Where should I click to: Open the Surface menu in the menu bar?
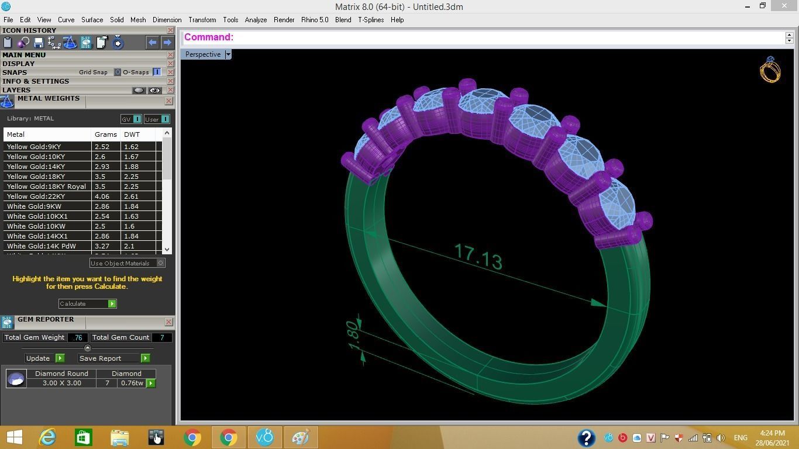92,20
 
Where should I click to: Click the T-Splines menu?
371,20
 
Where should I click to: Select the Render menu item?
284,20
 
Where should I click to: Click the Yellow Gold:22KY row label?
34,196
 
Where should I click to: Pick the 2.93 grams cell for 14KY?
102,167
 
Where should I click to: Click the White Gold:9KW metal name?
34,206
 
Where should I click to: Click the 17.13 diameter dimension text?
478,257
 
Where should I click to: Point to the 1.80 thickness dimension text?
353,335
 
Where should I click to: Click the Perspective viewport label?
203,54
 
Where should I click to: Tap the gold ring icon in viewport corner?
770,70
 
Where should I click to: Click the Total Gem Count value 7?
162,337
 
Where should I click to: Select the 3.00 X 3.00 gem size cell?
61,383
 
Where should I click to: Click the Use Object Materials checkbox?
160,263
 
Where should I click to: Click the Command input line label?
209,37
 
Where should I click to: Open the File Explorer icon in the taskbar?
119,437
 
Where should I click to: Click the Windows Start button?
14,437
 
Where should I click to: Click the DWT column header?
132,134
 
